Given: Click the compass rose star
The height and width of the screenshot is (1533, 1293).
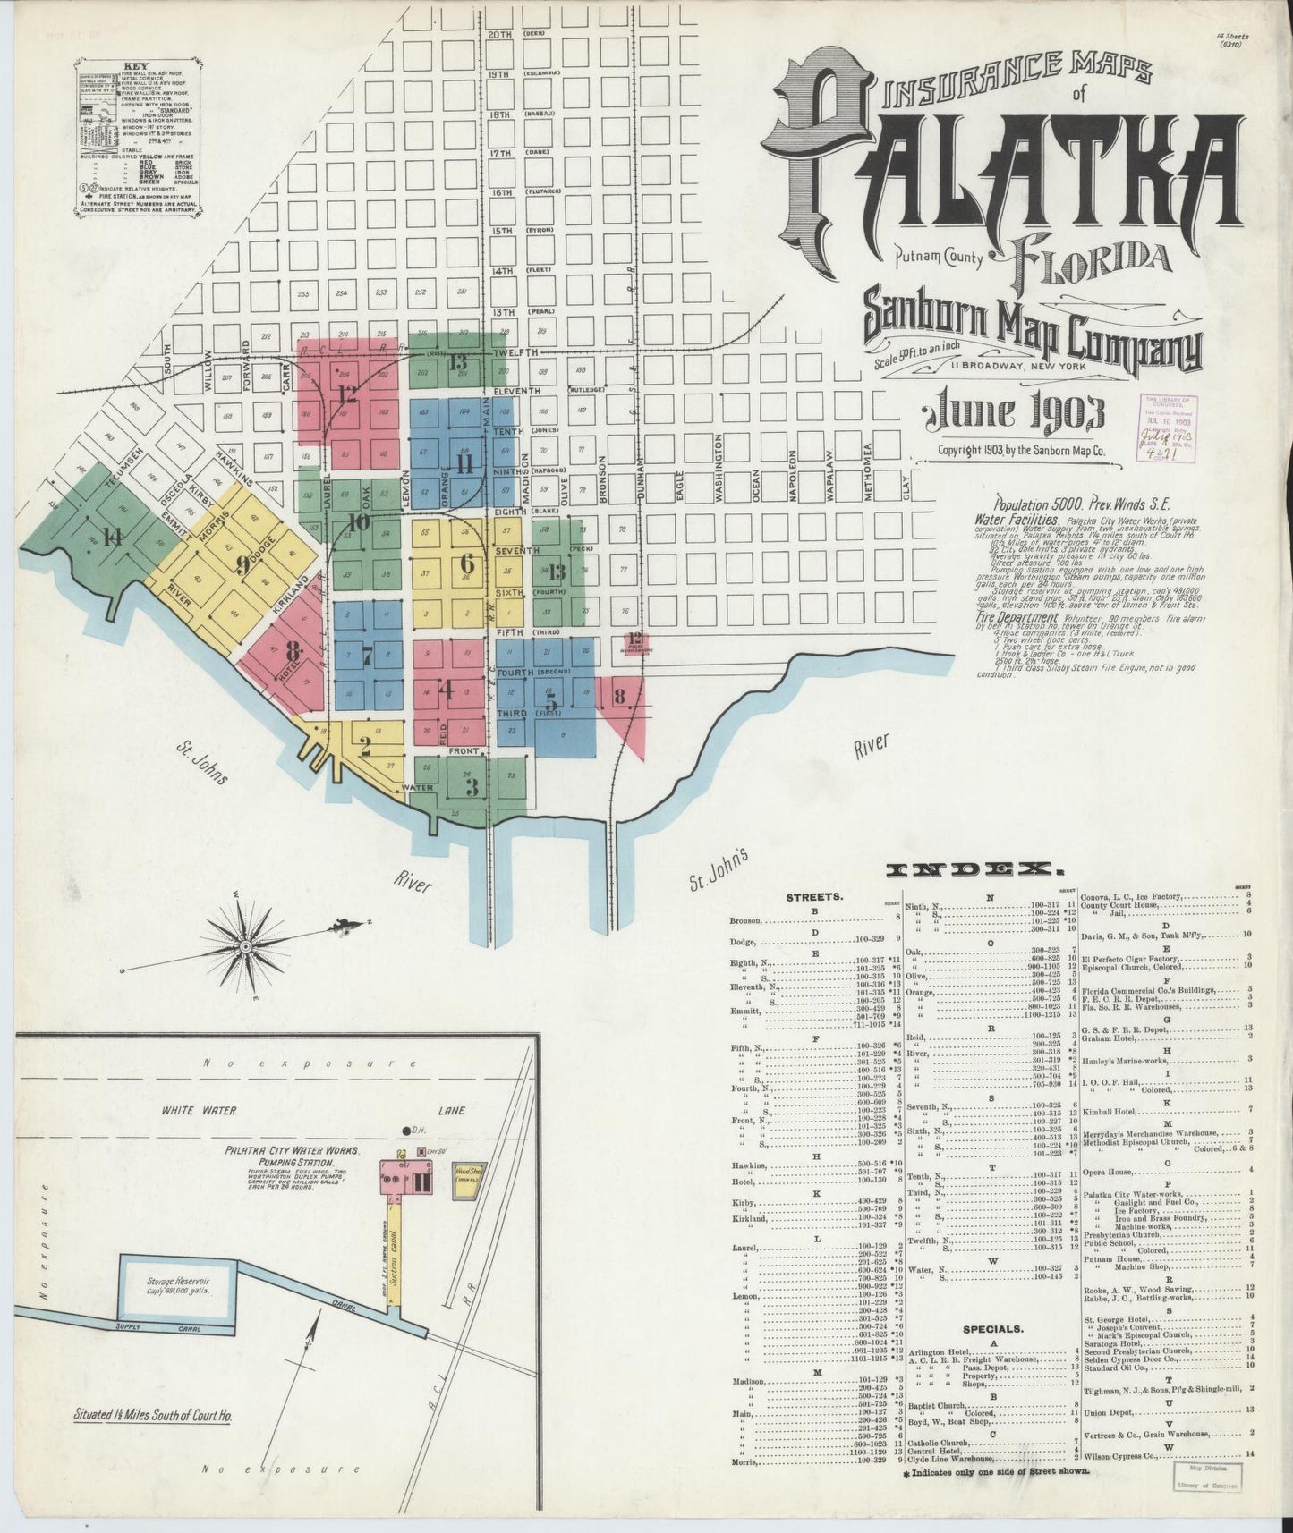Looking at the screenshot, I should coord(245,944).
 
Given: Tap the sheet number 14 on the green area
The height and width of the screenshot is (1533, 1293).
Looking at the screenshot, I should coord(112,537).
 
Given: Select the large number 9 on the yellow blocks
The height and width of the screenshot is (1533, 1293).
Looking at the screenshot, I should coord(241,564).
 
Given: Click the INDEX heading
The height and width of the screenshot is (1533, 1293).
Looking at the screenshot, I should coord(974,869).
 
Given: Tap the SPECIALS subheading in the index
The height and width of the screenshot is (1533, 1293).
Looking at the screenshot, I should coord(993,1328).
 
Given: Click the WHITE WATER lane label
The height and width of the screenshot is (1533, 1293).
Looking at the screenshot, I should coord(199,1110).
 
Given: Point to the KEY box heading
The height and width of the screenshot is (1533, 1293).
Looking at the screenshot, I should coord(136,66).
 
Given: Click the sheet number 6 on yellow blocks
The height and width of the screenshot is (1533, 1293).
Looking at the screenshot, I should coord(466,563).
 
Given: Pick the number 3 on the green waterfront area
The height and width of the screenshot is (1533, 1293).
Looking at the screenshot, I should coord(471,787).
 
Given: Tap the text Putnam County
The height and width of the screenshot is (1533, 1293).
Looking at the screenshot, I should coord(939,260).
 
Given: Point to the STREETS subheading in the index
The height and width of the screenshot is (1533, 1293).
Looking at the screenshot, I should coord(813,896).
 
